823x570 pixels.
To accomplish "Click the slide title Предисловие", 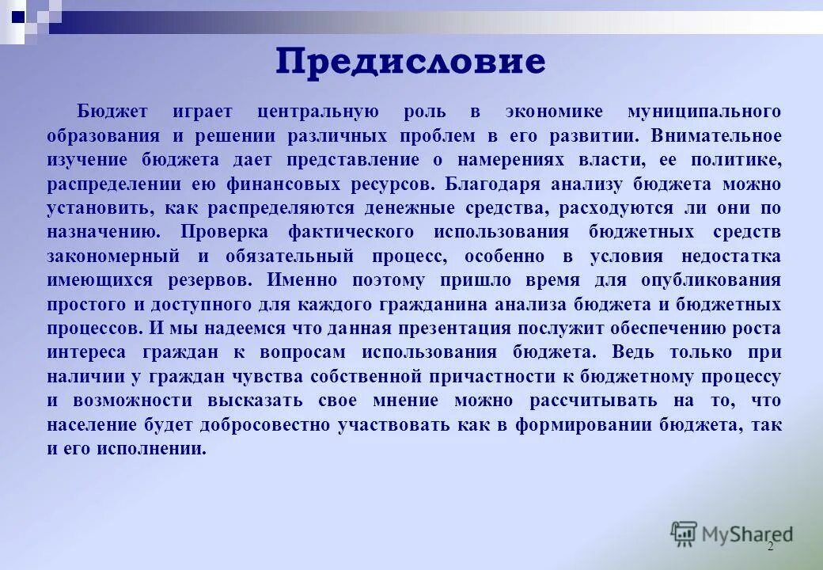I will click(x=411, y=61).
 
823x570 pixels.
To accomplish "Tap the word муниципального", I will click(x=704, y=112).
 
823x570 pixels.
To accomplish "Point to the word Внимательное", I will click(x=716, y=135).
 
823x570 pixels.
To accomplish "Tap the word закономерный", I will click(x=112, y=256).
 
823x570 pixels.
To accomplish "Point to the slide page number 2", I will click(x=770, y=547).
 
